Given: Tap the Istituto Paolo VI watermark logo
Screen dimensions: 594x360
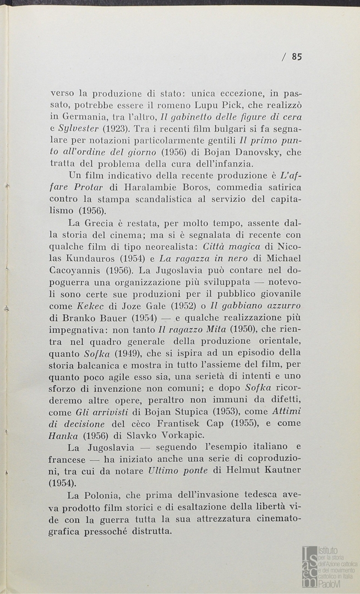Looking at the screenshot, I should click(329, 566).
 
